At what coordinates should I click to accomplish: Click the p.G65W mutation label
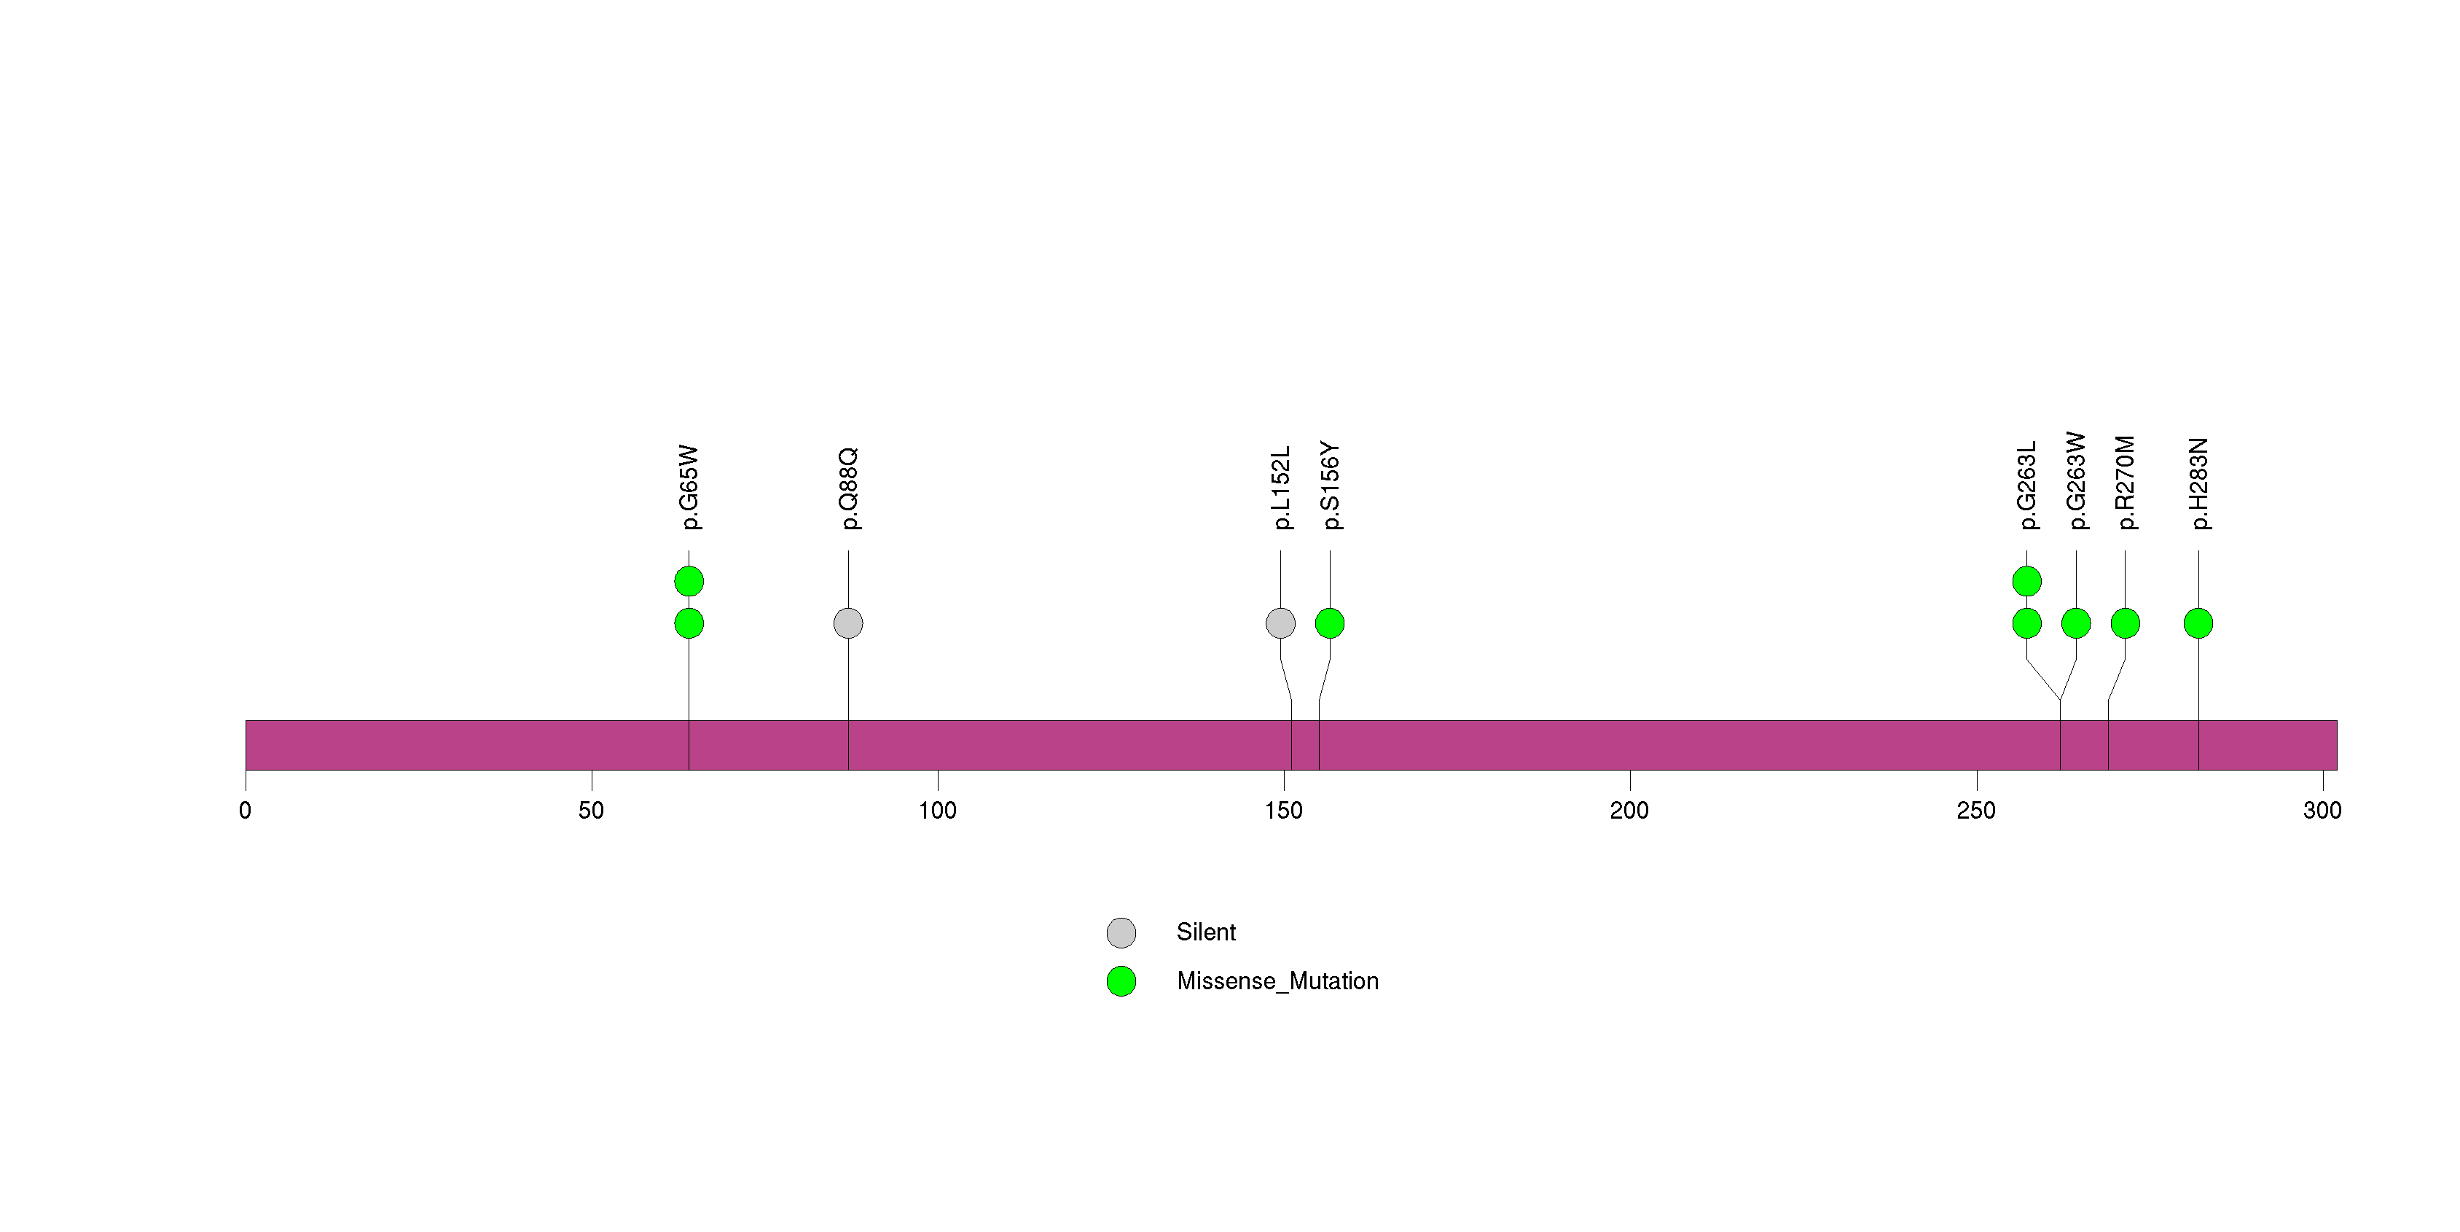pyautogui.click(x=689, y=486)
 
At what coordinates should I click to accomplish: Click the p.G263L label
pyautogui.click(x=2026, y=486)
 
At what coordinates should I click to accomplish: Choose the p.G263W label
pyautogui.click(x=2076, y=480)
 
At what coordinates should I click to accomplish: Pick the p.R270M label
pyautogui.click(x=2125, y=483)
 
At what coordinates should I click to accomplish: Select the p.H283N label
pyautogui.click(x=2198, y=483)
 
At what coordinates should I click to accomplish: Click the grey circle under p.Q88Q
pyautogui.click(x=848, y=623)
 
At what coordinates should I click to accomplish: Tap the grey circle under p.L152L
pyautogui.click(x=1280, y=623)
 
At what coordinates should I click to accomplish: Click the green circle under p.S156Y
pyautogui.click(x=1329, y=623)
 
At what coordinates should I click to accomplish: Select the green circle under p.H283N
pyautogui.click(x=2198, y=623)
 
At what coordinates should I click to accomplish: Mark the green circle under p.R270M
pyautogui.click(x=2125, y=623)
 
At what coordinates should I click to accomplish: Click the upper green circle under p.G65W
pyautogui.click(x=689, y=581)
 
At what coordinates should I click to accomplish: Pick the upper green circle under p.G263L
pyautogui.click(x=2026, y=581)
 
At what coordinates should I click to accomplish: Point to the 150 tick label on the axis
pyautogui.click(x=1283, y=811)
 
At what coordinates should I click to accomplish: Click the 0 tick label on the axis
pyautogui.click(x=246, y=811)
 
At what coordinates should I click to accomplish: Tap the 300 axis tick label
pyautogui.click(x=2322, y=811)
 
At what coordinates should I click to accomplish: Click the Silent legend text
pyautogui.click(x=1205, y=932)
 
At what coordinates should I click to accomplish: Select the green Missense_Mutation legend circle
pyautogui.click(x=1121, y=980)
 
